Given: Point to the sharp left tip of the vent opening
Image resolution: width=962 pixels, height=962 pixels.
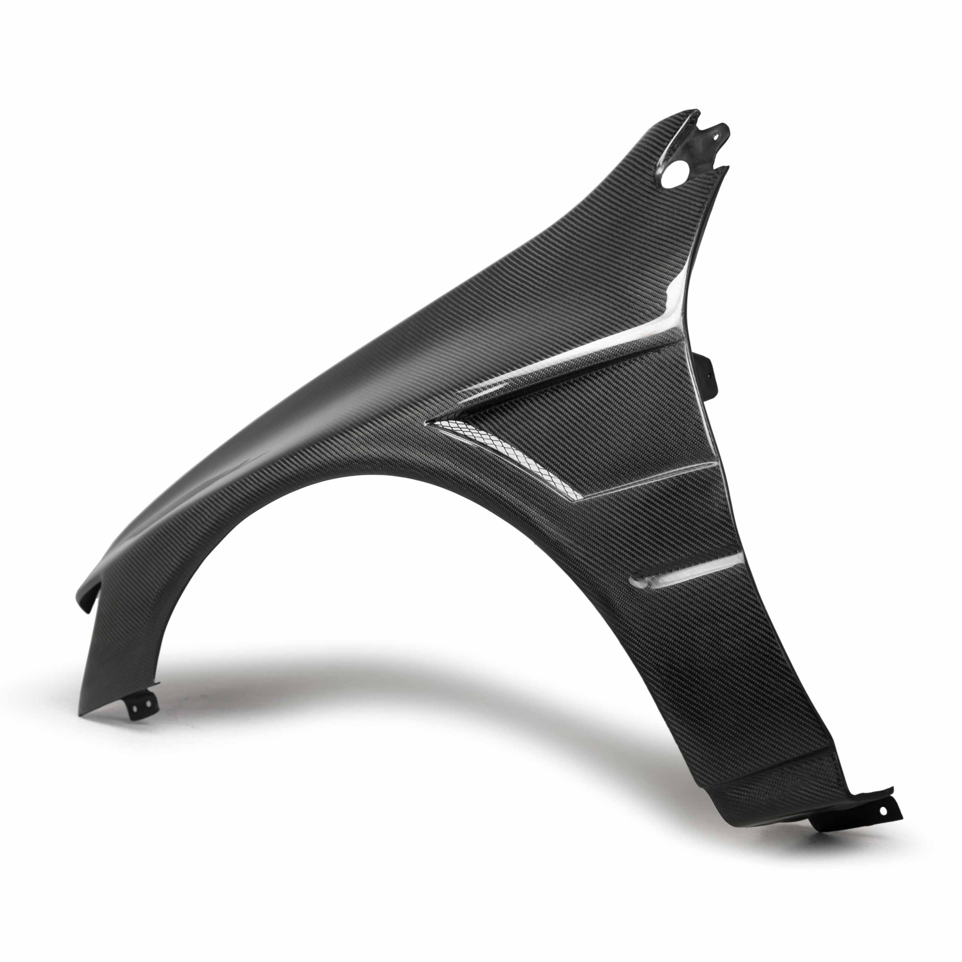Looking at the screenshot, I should [429, 423].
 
